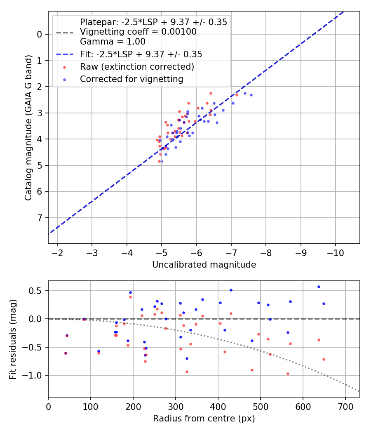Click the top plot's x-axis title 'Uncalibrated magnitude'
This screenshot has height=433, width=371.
pos(204,264)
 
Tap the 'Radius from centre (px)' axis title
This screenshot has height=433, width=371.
pos(204,419)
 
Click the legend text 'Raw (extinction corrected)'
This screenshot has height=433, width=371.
pos(137,66)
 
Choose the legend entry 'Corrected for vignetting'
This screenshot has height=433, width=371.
pos(131,78)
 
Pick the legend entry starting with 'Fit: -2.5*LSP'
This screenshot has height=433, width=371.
pos(141,54)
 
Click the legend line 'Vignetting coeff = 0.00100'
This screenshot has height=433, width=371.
pos(138,32)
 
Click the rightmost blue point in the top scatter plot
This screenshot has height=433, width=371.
pos(251,95)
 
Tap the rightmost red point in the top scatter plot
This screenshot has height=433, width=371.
pos(237,95)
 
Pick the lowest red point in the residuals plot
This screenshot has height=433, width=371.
pos(288,374)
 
